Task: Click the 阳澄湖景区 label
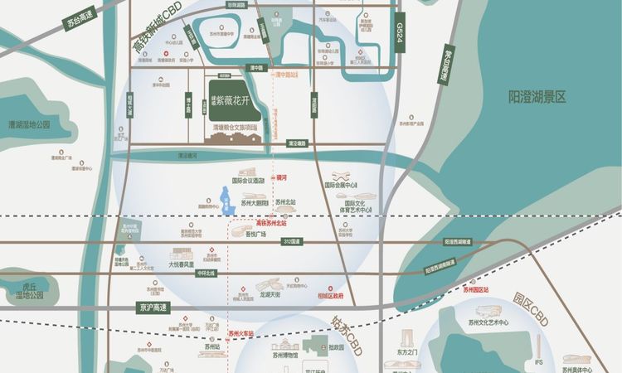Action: pyautogui.click(x=537, y=97)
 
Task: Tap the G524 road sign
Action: pyautogui.click(x=400, y=37)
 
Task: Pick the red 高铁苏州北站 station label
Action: pyautogui.click(x=271, y=223)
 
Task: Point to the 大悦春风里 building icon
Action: pyautogui.click(x=180, y=256)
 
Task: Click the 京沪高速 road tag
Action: pyautogui.click(x=153, y=307)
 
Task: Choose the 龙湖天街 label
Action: pyautogui.click(x=270, y=294)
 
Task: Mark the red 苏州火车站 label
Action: pyautogui.click(x=241, y=335)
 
